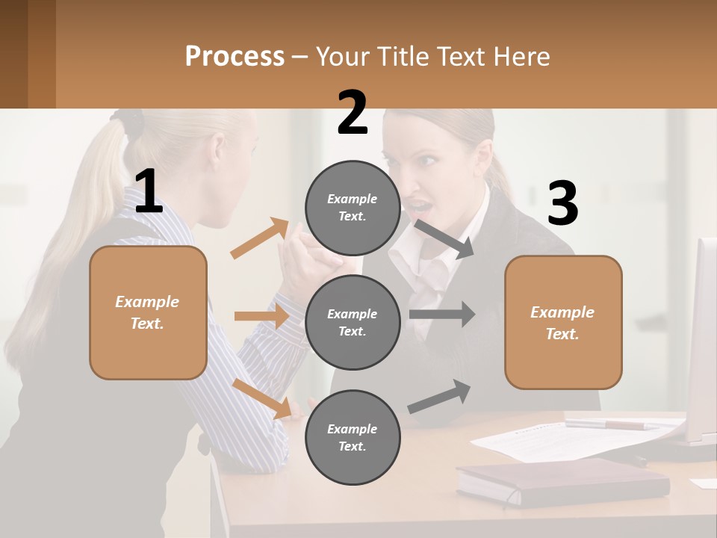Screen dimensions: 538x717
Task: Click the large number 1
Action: (149, 191)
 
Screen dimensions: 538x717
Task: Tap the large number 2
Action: (353, 113)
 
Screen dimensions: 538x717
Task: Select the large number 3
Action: (562, 204)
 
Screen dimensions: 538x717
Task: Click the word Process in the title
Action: (235, 56)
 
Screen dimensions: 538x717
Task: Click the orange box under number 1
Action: (148, 312)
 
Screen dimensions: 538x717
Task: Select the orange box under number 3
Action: (563, 322)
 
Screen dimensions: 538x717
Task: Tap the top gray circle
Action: (353, 208)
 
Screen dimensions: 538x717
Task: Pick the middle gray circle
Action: (353, 322)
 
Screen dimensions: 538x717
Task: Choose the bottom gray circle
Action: (353, 437)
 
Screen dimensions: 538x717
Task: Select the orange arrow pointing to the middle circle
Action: (262, 316)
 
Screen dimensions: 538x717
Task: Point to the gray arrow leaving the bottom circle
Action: (440, 396)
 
